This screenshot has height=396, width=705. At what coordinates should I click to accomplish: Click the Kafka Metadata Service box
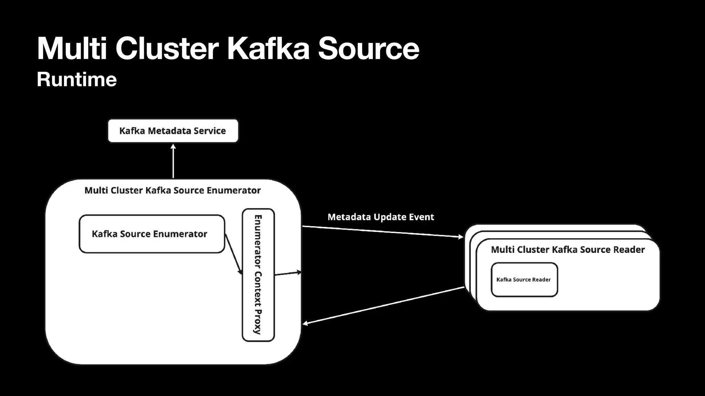pyautogui.click(x=173, y=131)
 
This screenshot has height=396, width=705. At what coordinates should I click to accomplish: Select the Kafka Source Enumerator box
pyautogui.click(x=151, y=234)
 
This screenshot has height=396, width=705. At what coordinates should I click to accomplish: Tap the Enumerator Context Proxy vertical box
pyautogui.click(x=258, y=275)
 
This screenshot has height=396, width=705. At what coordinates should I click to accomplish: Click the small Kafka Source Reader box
pyautogui.click(x=524, y=279)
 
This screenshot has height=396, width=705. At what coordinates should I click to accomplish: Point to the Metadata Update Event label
pyautogui.click(x=380, y=217)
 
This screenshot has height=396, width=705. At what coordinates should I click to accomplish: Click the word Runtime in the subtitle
pyautogui.click(x=77, y=79)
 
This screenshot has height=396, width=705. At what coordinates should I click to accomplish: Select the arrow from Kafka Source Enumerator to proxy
pyautogui.click(x=233, y=253)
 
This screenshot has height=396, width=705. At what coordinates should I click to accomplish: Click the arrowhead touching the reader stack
pyautogui.click(x=460, y=236)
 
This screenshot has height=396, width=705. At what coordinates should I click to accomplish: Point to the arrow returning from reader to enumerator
pyautogui.click(x=382, y=305)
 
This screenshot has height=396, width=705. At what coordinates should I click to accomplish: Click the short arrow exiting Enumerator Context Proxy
pyautogui.click(x=288, y=273)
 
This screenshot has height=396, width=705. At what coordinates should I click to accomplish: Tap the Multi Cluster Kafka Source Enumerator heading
pyautogui.click(x=172, y=190)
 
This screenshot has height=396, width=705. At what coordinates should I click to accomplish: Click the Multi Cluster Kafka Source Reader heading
pyautogui.click(x=568, y=250)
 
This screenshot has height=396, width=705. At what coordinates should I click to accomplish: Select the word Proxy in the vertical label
pyautogui.click(x=258, y=322)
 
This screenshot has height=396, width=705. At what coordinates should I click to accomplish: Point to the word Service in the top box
pyautogui.click(x=210, y=131)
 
